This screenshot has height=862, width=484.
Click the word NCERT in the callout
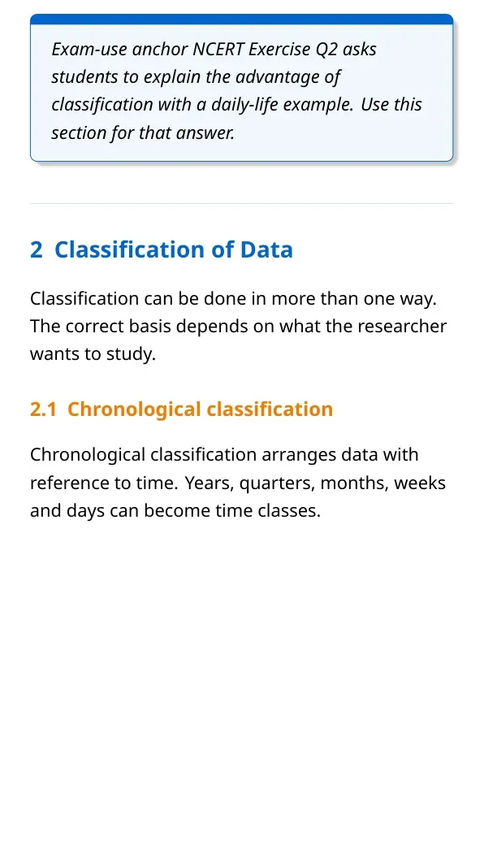tap(218, 50)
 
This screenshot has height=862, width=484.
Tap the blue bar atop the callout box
tap(242, 19)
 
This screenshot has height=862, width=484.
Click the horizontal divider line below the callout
tap(242, 203)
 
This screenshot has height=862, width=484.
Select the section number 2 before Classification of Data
tap(37, 250)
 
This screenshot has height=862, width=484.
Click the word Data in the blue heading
tap(266, 250)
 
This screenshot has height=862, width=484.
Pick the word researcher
tap(402, 327)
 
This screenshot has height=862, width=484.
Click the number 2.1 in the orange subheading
tap(43, 409)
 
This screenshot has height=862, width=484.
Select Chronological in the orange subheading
tap(130, 410)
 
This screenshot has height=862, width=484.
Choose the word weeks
tap(421, 483)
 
